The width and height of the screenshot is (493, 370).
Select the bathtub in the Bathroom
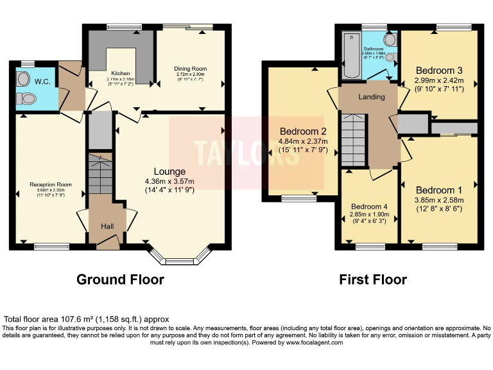click(352, 55)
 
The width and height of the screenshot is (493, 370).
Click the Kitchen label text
click(121, 73)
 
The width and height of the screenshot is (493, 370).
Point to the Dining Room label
click(190, 68)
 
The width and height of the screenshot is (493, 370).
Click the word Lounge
click(169, 172)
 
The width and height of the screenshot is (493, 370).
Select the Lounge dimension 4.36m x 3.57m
click(169, 181)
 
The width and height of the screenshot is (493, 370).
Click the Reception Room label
click(50, 184)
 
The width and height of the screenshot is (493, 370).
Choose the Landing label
click(371, 97)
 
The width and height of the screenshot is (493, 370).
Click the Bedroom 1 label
click(438, 190)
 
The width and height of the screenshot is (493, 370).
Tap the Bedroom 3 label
click(438, 70)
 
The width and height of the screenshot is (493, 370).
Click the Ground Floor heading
click(120, 279)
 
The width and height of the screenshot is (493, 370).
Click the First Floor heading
click(373, 279)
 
